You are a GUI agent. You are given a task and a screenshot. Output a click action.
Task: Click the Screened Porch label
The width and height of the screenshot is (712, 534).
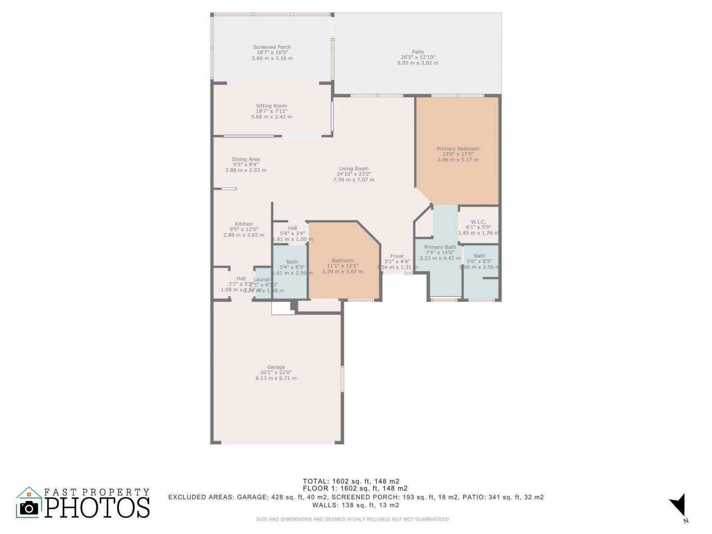coord(272,47)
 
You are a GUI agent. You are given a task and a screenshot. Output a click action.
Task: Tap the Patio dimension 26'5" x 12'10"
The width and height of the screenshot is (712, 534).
coord(418,57)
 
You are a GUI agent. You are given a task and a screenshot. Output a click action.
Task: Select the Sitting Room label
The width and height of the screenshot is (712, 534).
coord(271,106)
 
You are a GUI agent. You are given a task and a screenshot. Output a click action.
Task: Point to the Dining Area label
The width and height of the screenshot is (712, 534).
coord(245,159)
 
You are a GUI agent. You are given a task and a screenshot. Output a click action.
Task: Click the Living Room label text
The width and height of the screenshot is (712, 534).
coord(353,169)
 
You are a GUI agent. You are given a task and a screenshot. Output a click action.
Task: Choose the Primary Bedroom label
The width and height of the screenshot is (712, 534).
coord(458,149)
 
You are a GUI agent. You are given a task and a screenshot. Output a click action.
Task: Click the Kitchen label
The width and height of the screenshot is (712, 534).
coord(244,224)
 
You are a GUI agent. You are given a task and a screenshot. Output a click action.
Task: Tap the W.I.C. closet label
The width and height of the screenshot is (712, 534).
coord(478,222)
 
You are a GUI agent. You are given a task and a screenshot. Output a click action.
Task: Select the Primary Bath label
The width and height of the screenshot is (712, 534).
coord(440,247)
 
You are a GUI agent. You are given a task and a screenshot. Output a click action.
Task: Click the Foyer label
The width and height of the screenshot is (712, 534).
coord(397,256)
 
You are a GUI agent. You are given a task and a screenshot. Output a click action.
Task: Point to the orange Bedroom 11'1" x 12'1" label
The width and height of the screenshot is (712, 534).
coord(342,260)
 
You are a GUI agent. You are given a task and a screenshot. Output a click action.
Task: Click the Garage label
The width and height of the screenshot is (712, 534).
coord(276,367)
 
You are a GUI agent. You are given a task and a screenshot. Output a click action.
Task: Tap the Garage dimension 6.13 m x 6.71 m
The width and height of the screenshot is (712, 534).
coord(276,378)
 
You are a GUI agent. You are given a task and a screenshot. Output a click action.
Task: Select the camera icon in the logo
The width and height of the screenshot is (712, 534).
coord(29,508)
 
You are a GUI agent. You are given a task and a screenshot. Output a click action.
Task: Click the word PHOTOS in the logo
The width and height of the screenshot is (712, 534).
coord(98,508)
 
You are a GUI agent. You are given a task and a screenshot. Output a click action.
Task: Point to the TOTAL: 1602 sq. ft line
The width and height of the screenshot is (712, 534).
coord(351,481)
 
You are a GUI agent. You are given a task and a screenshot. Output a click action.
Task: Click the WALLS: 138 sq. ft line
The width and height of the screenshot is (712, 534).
coord(355,505)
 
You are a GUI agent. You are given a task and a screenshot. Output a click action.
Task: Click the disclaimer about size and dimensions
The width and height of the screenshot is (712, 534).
coord(352,519)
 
